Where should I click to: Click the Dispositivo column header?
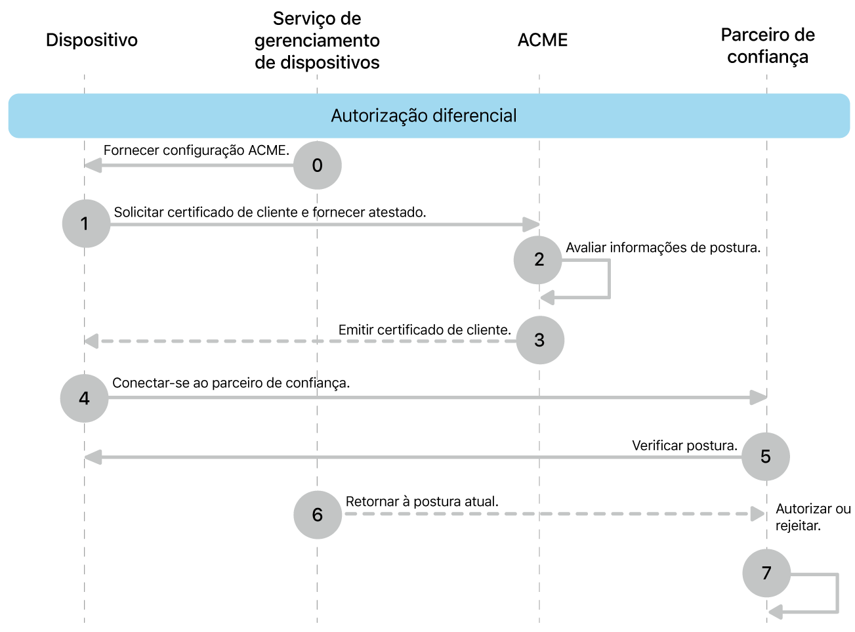coord(92,40)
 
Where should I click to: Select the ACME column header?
coord(542,40)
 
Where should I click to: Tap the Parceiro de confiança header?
coord(767,45)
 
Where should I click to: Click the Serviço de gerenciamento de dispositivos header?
coord(317,41)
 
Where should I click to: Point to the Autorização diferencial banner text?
coord(424,116)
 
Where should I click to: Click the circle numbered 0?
coord(317,165)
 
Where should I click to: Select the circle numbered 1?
coord(86,224)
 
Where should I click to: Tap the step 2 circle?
coord(538,260)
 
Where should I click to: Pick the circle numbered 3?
coord(540,340)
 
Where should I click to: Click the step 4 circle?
coord(84,398)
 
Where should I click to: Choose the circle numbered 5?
coord(765,457)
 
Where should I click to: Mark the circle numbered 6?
coord(317,515)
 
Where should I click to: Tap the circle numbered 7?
coord(766,573)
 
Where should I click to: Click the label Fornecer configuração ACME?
coord(196,150)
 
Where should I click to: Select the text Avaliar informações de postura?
coord(663,247)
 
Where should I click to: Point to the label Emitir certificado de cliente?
coord(425,330)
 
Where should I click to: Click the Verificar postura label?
coord(684,446)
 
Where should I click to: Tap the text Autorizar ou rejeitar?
coord(812,517)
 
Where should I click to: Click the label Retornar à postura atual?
coord(422,501)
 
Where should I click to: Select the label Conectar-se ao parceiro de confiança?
coord(231,383)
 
